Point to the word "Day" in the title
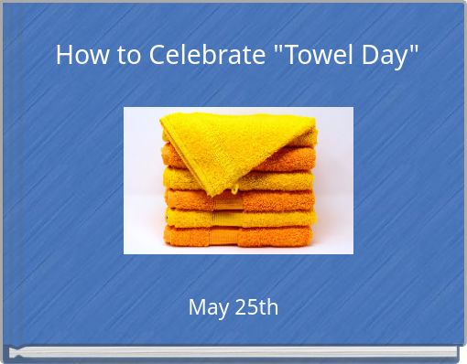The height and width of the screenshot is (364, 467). coord(386,57)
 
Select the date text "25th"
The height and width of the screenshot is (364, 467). coord(256,307)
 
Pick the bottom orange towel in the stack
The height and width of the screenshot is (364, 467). coord(240,238)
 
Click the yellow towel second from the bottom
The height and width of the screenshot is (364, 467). coord(240,218)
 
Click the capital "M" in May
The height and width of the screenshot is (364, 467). coord(197,307)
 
